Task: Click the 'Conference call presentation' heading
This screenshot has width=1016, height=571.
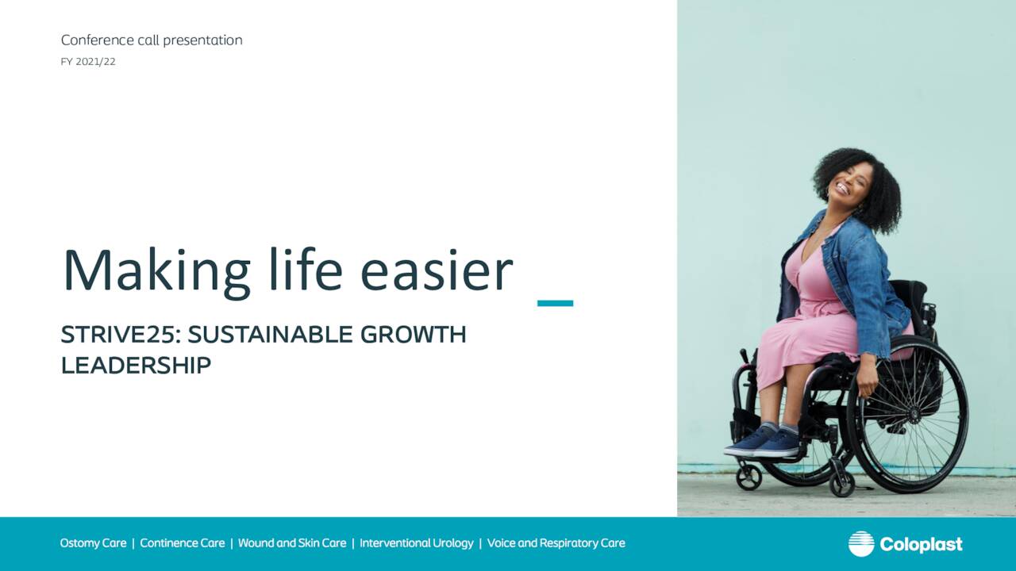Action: pyautogui.click(x=152, y=40)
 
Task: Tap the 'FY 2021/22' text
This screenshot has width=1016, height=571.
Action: pyautogui.click(x=88, y=62)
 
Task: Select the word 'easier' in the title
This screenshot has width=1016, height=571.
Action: pyautogui.click(x=437, y=271)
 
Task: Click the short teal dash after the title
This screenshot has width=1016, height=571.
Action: pyautogui.click(x=555, y=303)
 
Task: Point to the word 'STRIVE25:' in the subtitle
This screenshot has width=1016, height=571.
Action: pyautogui.click(x=121, y=335)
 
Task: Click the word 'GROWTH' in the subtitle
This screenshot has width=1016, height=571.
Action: pyautogui.click(x=413, y=335)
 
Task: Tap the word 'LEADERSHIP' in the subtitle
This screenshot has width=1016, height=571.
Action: pyautogui.click(x=136, y=366)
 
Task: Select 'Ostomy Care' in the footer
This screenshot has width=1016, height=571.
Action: pyautogui.click(x=93, y=543)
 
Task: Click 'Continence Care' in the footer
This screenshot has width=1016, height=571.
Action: pyautogui.click(x=183, y=543)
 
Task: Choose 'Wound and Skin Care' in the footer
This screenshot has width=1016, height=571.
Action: pyautogui.click(x=292, y=543)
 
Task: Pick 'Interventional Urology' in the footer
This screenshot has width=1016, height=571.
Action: pyautogui.click(x=417, y=543)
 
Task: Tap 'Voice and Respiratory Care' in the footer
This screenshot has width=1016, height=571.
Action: pyautogui.click(x=556, y=543)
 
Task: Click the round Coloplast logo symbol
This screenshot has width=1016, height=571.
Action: pyautogui.click(x=861, y=543)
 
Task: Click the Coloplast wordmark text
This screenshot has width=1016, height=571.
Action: pyautogui.click(x=922, y=544)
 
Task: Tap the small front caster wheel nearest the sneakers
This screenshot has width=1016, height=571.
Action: pyautogui.click(x=749, y=477)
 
